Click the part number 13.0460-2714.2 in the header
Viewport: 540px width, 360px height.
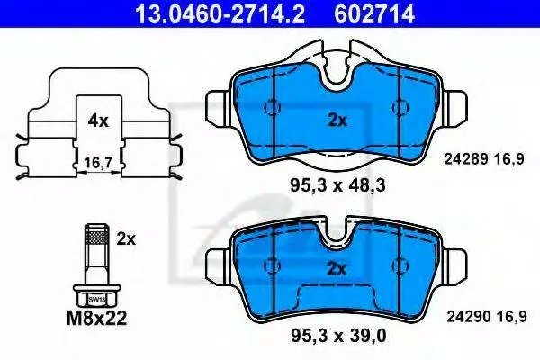click(220, 13)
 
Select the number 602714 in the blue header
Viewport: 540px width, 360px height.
click(374, 13)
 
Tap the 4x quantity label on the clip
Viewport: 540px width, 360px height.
click(98, 121)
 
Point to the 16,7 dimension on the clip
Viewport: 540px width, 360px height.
click(98, 163)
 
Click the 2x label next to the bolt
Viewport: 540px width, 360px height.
click(126, 238)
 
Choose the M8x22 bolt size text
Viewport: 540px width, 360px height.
click(96, 318)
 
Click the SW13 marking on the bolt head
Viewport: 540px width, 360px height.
click(96, 300)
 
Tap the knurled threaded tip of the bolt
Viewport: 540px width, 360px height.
click(97, 237)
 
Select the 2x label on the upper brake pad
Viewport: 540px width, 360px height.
click(337, 121)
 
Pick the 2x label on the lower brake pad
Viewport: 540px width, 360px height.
click(337, 269)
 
